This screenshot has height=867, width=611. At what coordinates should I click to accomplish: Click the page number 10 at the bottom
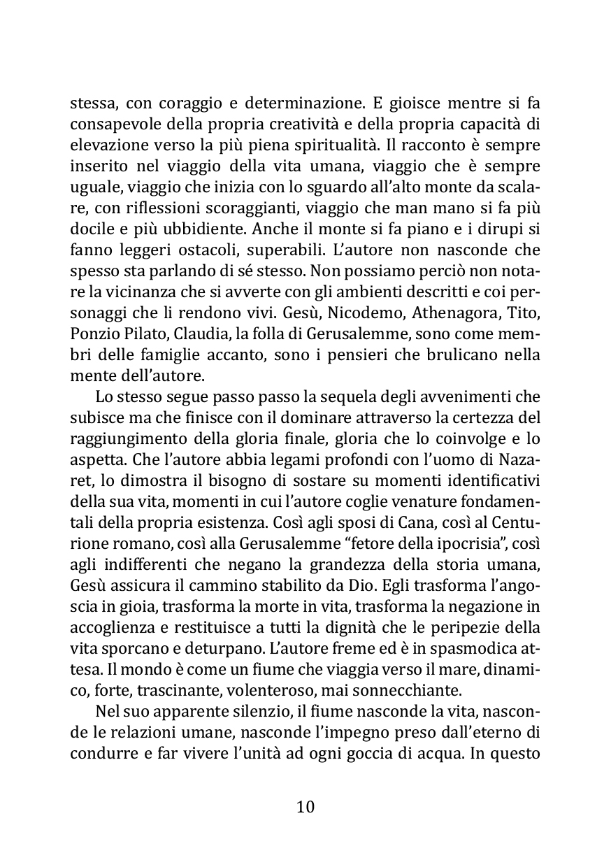coord(305,807)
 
